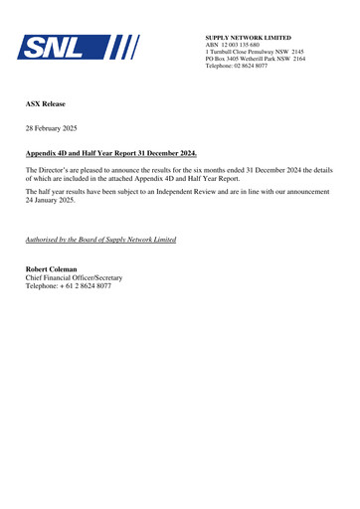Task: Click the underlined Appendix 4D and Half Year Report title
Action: [x=110, y=153]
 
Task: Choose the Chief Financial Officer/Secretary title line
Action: [x=73, y=277]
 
